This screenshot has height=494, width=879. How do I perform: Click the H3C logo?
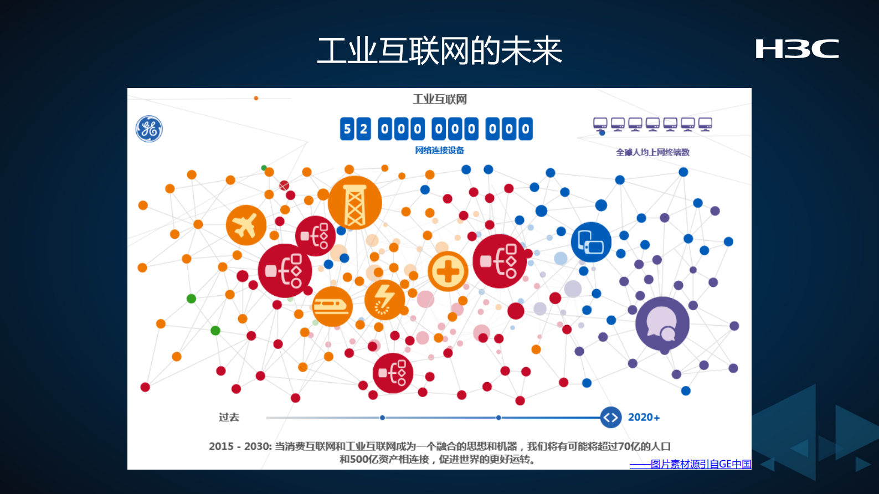click(797, 49)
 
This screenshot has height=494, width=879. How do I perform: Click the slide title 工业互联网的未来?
click(439, 51)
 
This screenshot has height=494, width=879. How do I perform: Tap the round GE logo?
click(149, 128)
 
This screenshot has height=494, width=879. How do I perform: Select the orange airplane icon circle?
click(246, 225)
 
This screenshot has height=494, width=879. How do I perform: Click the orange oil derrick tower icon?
click(355, 203)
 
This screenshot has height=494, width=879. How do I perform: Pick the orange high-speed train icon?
click(332, 306)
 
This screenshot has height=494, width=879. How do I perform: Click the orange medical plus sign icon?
click(448, 271)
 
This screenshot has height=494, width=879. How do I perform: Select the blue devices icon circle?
click(591, 242)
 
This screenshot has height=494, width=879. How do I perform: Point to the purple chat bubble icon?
click(662, 323)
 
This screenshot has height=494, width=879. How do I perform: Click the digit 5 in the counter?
click(347, 129)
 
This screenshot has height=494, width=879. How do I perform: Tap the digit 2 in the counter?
click(363, 129)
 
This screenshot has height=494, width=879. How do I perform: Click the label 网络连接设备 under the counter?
click(439, 150)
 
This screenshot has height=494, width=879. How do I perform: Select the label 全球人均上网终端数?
click(652, 152)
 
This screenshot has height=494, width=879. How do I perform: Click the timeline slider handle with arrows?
click(610, 418)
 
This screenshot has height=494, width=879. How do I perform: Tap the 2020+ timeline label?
click(644, 418)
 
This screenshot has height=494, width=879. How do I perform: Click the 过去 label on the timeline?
click(229, 418)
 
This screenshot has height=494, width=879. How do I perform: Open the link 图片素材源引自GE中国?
click(700, 464)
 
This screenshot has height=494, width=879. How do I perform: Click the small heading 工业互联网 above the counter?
click(439, 99)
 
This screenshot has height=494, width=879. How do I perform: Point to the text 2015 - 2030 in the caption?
click(239, 446)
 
